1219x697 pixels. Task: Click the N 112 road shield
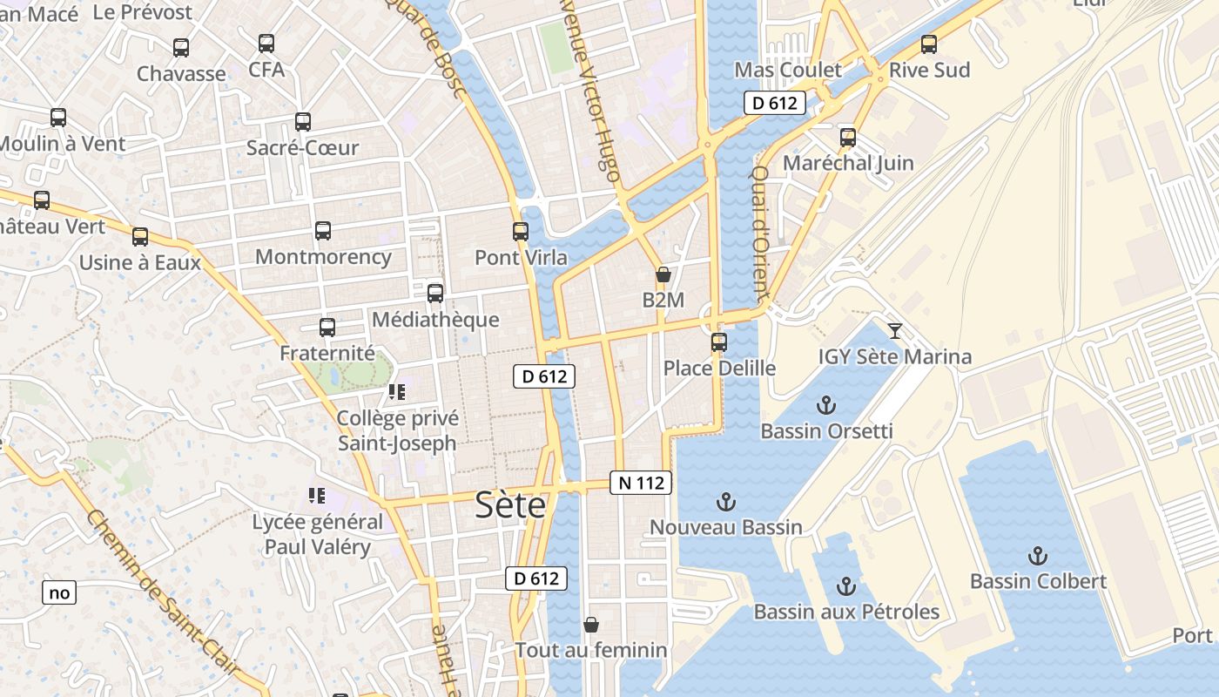click(642, 483)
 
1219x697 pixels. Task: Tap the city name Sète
click(510, 505)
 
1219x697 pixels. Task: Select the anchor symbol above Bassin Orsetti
click(825, 405)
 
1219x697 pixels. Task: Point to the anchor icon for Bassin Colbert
click(1037, 556)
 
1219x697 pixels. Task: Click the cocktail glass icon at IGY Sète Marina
click(894, 330)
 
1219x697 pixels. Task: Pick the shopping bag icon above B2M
click(663, 275)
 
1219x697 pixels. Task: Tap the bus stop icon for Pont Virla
click(521, 232)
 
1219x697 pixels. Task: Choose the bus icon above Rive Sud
click(929, 44)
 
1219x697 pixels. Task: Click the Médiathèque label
click(435, 320)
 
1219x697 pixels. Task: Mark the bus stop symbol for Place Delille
click(719, 342)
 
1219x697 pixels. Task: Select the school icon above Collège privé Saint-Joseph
click(397, 392)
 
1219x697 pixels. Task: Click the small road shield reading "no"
click(59, 593)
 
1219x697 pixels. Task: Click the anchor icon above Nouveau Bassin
click(725, 502)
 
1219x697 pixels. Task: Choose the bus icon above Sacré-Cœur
click(303, 122)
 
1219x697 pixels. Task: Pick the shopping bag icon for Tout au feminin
click(591, 625)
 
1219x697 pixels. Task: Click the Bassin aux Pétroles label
click(846, 612)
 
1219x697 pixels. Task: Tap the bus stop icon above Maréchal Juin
click(848, 138)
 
